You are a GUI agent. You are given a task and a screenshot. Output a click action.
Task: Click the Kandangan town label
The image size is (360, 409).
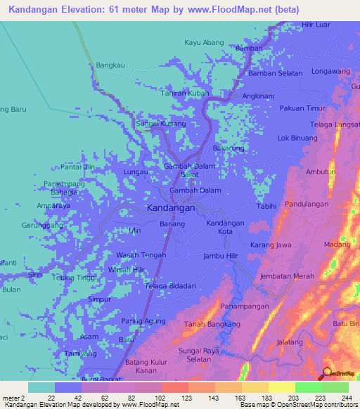coord(171,209)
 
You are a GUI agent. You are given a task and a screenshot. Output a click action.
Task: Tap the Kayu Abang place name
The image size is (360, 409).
coord(204,42)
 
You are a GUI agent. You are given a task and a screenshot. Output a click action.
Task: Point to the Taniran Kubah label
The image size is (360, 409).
coord(185,93)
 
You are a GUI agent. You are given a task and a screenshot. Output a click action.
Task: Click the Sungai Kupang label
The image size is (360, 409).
coord(160,124)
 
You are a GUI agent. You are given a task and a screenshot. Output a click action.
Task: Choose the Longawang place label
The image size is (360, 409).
coord(330,72)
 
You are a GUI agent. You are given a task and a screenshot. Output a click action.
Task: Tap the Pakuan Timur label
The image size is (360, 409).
coord(302,108)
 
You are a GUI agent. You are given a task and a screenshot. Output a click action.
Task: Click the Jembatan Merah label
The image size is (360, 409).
coord(287,276)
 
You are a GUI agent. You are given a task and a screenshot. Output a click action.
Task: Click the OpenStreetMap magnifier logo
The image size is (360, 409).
coord(327,373)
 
